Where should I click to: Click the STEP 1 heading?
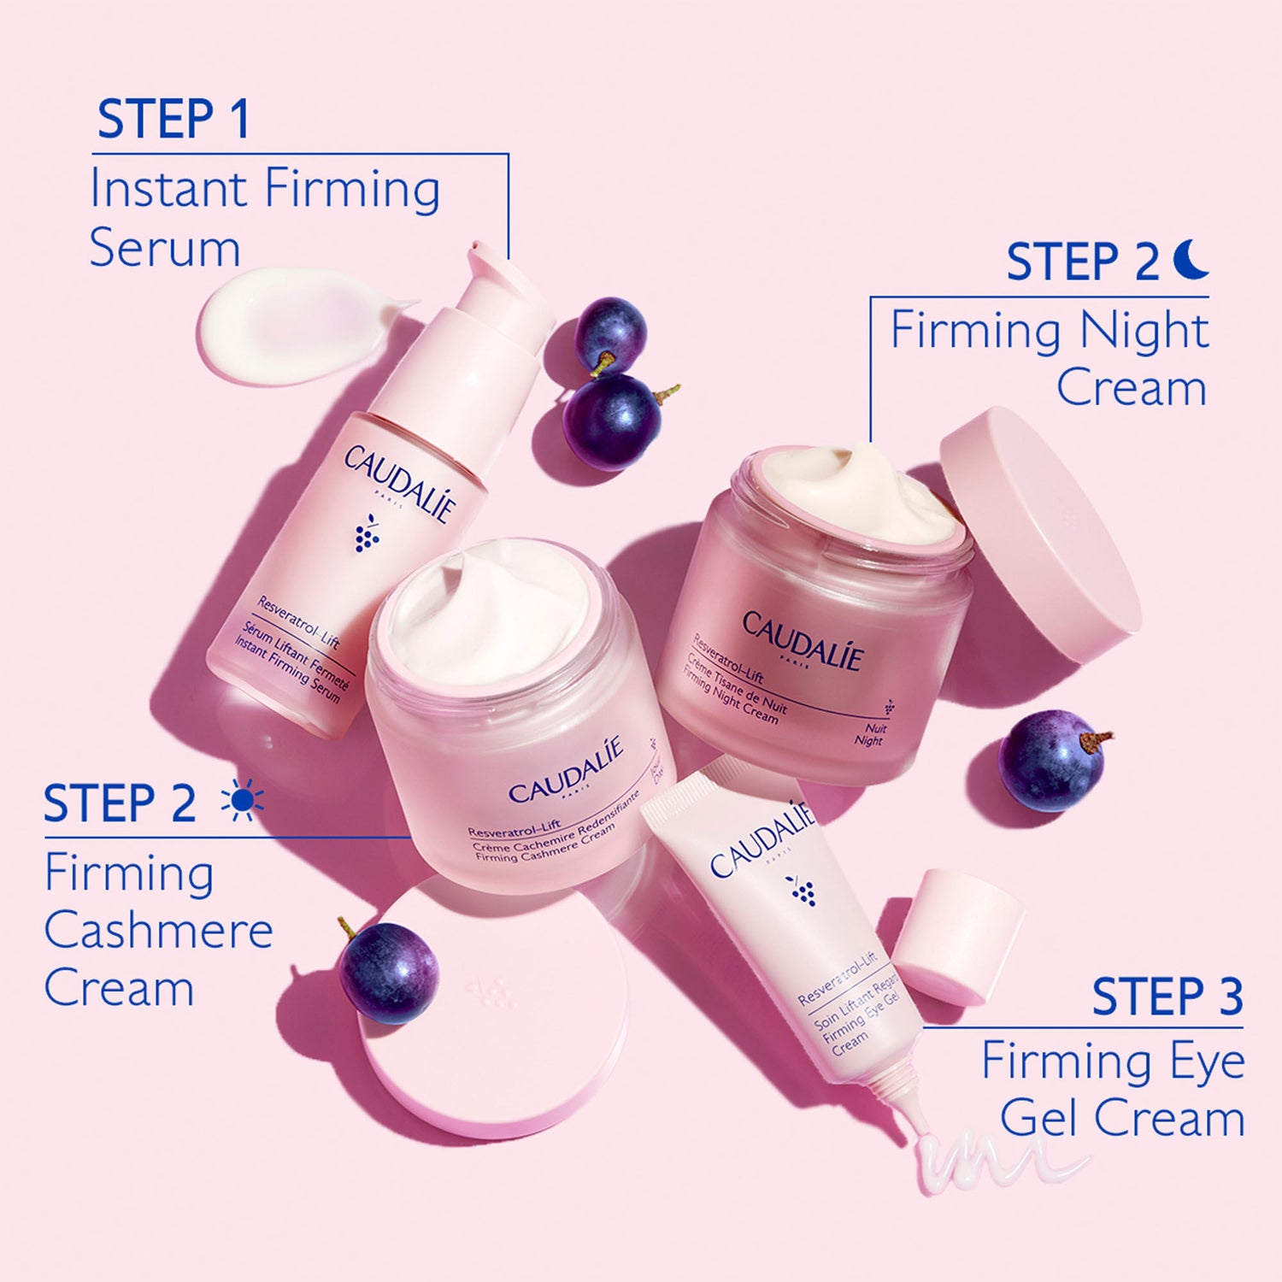tap(173, 119)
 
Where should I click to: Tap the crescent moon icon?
tap(1191, 259)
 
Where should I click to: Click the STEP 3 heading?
tap(1167, 997)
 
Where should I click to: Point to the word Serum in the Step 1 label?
tap(165, 249)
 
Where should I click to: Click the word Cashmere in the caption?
tap(159, 931)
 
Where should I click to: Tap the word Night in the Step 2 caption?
tap(1144, 331)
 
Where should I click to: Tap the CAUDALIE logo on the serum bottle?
tap(399, 483)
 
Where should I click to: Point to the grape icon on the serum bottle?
tap(367, 533)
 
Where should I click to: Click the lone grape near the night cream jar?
tap(1052, 760)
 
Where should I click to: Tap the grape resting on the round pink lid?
tap(389, 972)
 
